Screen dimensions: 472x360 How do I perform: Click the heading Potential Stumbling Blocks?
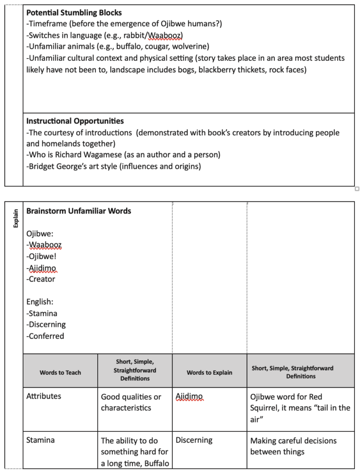74,13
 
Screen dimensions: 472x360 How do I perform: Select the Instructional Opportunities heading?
75,121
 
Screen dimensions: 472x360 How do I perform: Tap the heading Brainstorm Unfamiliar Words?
79,211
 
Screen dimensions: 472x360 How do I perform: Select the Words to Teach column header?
60,372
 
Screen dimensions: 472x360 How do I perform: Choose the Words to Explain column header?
209,372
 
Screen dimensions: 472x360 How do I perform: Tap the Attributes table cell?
44,396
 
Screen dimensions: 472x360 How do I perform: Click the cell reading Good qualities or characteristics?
131,402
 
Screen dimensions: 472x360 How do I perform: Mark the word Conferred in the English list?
46,336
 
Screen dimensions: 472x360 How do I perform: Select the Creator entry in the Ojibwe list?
42,279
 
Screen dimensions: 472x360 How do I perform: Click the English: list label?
40,302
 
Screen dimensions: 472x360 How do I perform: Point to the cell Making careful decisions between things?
293,446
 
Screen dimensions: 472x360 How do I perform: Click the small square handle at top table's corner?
357,189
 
